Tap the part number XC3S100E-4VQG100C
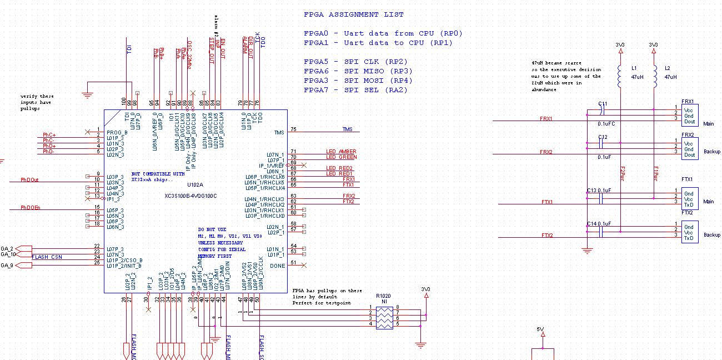coord(190,196)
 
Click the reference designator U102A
coord(195,184)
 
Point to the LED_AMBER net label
coord(341,152)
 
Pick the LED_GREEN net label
coord(341,157)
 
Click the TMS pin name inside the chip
coord(279,132)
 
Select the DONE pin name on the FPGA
coord(277,266)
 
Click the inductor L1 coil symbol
coord(621,77)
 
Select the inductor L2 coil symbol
coord(654,77)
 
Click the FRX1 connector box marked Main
coord(689,114)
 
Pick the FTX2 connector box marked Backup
coord(689,232)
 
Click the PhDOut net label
coord(29,179)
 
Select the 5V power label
coord(540,329)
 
